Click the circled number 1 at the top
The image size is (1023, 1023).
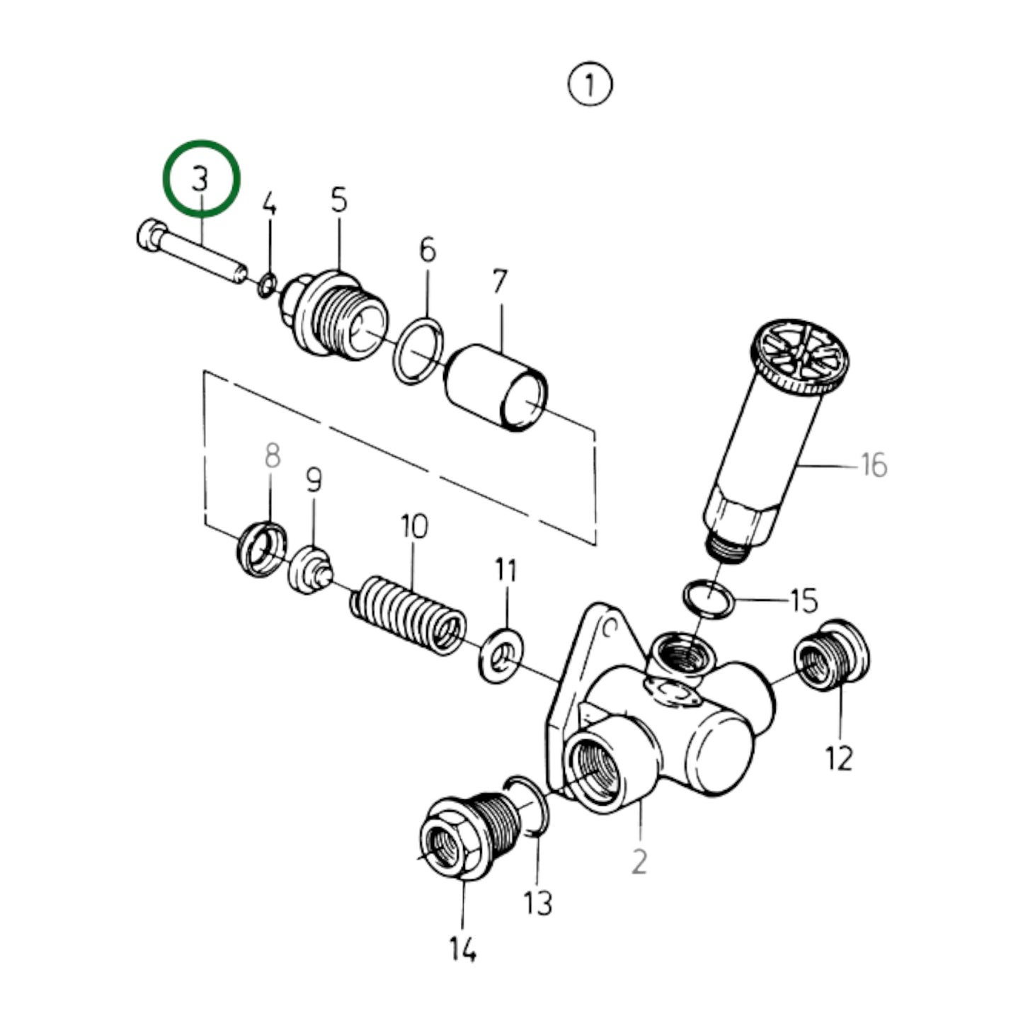pos(590,85)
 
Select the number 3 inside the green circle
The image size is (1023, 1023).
pos(201,178)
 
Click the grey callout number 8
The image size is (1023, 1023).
pos(272,456)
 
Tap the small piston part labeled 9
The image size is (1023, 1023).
pos(309,571)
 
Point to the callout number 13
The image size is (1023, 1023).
pos(537,903)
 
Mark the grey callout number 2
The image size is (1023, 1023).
pos(639,862)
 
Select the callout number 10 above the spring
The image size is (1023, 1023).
pos(414,527)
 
